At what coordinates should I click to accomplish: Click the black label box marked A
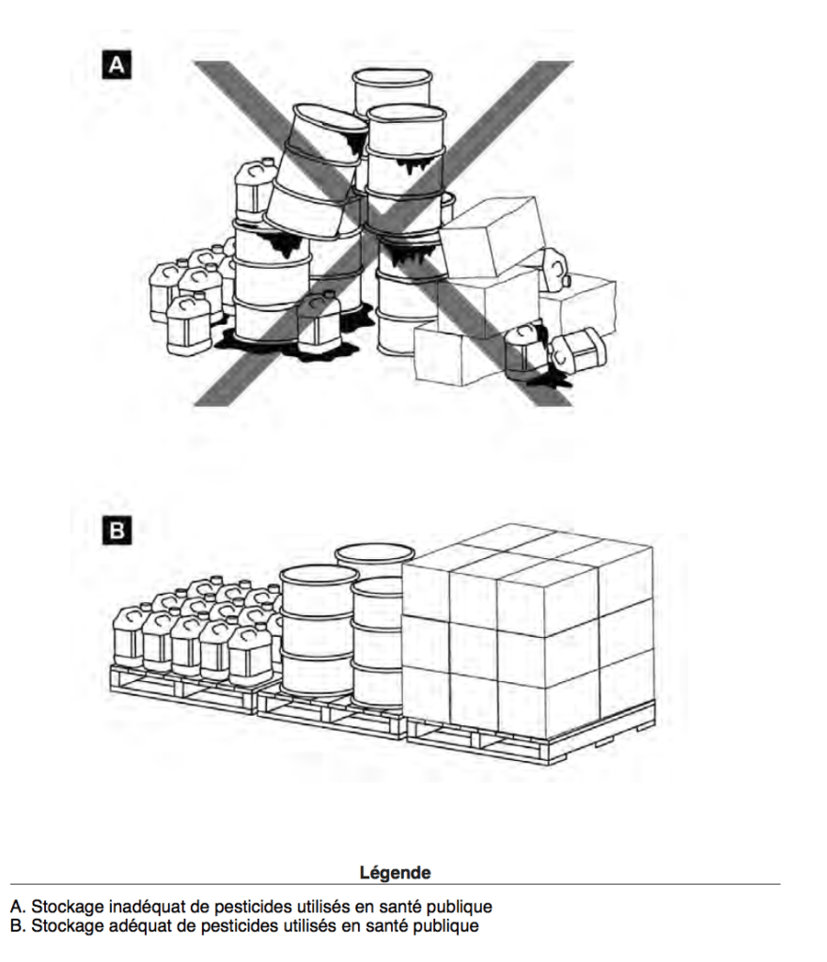tap(117, 64)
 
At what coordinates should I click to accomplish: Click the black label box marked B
tap(117, 530)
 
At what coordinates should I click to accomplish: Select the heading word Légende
tap(395, 873)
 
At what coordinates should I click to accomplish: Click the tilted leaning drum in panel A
tap(313, 174)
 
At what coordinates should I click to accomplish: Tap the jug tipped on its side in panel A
tap(575, 351)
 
